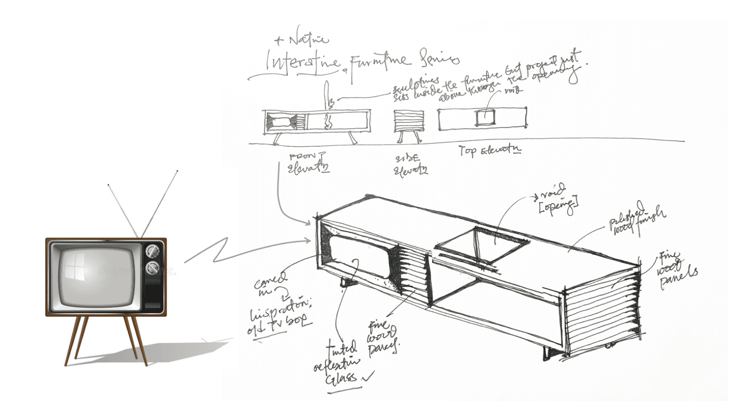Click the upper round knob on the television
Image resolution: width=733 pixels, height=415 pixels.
[x=152, y=251]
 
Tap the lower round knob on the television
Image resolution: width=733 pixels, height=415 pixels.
[x=152, y=267]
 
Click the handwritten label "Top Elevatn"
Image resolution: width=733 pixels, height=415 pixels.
[x=490, y=151]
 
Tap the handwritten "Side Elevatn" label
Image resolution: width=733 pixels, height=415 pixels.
[x=410, y=165]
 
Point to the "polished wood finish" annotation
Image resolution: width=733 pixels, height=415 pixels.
[x=636, y=219]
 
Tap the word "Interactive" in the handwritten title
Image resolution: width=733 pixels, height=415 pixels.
[x=303, y=62]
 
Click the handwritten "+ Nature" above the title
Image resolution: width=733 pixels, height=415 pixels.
[x=302, y=40]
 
